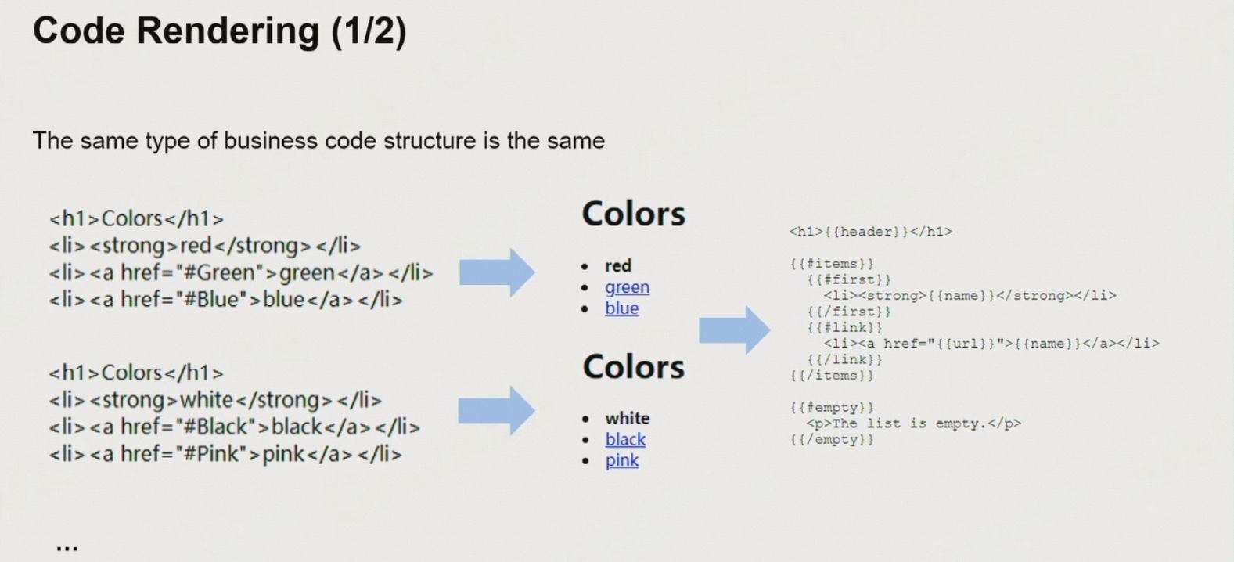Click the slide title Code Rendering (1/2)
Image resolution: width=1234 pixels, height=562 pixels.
point(219,31)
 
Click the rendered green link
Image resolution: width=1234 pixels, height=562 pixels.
point(627,287)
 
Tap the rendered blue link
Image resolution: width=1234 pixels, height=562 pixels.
point(621,308)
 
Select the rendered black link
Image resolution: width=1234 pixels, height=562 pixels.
point(625,439)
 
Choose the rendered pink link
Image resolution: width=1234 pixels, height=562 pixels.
point(622,460)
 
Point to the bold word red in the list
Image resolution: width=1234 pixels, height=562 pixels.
point(618,266)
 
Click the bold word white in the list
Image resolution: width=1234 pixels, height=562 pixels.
point(628,418)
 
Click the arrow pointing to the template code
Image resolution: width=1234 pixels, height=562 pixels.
point(734,330)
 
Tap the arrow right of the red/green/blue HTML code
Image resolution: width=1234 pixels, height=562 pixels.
point(497,272)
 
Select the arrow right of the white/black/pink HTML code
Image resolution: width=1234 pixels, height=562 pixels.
point(496,410)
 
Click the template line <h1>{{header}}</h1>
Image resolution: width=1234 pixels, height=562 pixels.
point(870,232)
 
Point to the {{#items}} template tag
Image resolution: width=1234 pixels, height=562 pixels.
point(831,264)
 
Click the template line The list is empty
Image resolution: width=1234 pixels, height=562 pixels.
point(913,423)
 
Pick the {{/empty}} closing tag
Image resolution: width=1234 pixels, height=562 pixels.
point(831,440)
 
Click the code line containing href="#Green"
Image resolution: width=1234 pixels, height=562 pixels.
point(240,273)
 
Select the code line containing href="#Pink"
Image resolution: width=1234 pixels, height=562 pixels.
point(225,454)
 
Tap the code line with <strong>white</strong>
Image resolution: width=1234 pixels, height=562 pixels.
point(215,400)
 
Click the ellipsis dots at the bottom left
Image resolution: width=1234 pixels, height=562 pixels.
point(67,549)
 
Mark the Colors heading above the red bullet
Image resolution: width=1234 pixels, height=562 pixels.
point(633,214)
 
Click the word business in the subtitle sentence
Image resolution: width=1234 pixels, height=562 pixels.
point(271,141)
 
